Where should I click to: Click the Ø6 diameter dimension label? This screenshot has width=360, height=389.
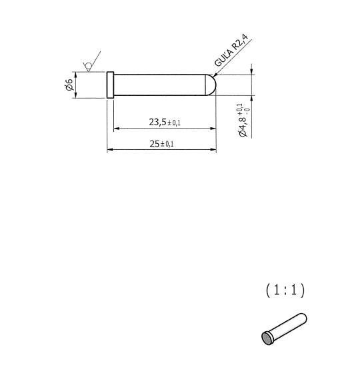[x=69, y=85]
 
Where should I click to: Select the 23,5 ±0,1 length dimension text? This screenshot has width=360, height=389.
[x=165, y=122]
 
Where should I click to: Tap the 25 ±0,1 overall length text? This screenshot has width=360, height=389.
[x=161, y=144]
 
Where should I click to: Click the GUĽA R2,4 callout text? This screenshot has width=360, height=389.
[x=231, y=51]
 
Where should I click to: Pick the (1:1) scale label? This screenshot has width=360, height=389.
[x=285, y=290]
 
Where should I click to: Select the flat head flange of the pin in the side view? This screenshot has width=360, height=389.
[x=110, y=85]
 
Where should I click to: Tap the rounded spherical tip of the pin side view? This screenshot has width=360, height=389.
[x=211, y=85]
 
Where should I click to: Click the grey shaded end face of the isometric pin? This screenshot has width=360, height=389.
[x=267, y=338]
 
